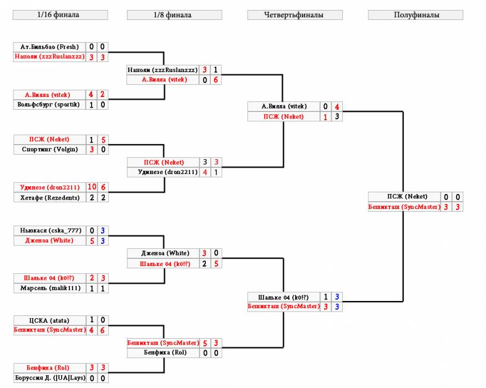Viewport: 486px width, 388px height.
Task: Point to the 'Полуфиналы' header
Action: click(416, 15)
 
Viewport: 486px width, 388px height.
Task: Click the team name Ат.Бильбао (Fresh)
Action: click(49, 47)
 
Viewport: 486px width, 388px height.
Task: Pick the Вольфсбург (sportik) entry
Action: click(49, 105)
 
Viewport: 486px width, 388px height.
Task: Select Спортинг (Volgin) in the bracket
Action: click(50, 150)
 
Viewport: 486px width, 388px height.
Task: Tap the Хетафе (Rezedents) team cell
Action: click(50, 197)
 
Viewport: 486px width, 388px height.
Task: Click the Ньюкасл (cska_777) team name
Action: click(51, 231)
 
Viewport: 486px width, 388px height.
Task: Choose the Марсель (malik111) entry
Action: click(50, 288)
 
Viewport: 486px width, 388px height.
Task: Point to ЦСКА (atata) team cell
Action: click(49, 320)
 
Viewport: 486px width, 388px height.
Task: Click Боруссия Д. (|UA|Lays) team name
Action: click(50, 378)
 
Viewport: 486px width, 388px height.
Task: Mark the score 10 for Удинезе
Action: click(92, 187)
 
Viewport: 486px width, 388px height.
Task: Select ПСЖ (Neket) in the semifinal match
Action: click(407, 197)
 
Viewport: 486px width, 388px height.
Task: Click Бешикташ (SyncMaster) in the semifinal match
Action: click(404, 207)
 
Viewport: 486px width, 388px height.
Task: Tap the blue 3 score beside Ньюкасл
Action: click(103, 231)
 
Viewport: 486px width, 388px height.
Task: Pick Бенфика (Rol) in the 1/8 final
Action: click(165, 353)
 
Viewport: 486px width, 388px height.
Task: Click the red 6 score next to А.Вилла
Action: click(216, 80)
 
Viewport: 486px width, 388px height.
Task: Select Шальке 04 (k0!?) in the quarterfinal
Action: click(283, 298)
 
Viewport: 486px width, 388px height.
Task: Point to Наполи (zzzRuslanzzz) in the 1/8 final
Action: click(163, 70)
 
